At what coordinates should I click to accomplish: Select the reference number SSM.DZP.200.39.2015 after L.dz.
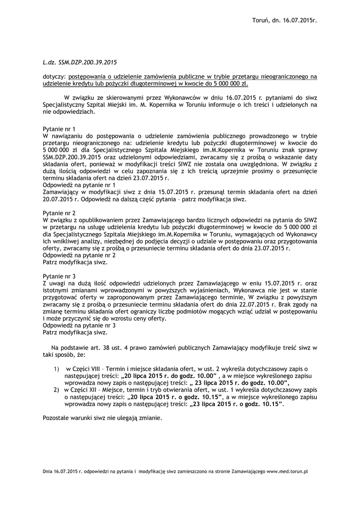(x=88, y=63)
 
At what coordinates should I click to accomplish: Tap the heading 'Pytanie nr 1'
(x=59, y=128)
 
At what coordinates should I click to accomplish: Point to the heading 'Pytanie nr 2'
(x=59, y=213)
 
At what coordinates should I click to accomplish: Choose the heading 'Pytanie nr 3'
(x=59, y=275)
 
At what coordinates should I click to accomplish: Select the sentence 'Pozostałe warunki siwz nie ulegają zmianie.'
(x=102, y=419)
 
